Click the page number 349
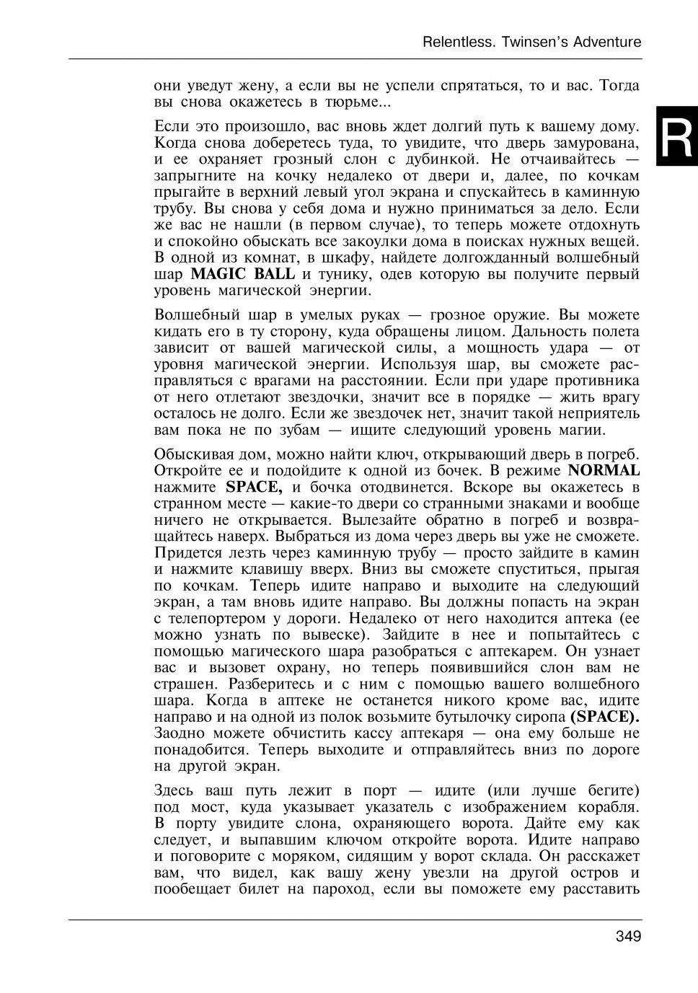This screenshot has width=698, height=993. [628, 937]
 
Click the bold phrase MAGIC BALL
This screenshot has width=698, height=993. [243, 274]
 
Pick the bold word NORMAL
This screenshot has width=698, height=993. [604, 471]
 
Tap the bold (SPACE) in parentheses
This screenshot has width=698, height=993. [604, 718]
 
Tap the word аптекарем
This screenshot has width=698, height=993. [514, 651]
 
